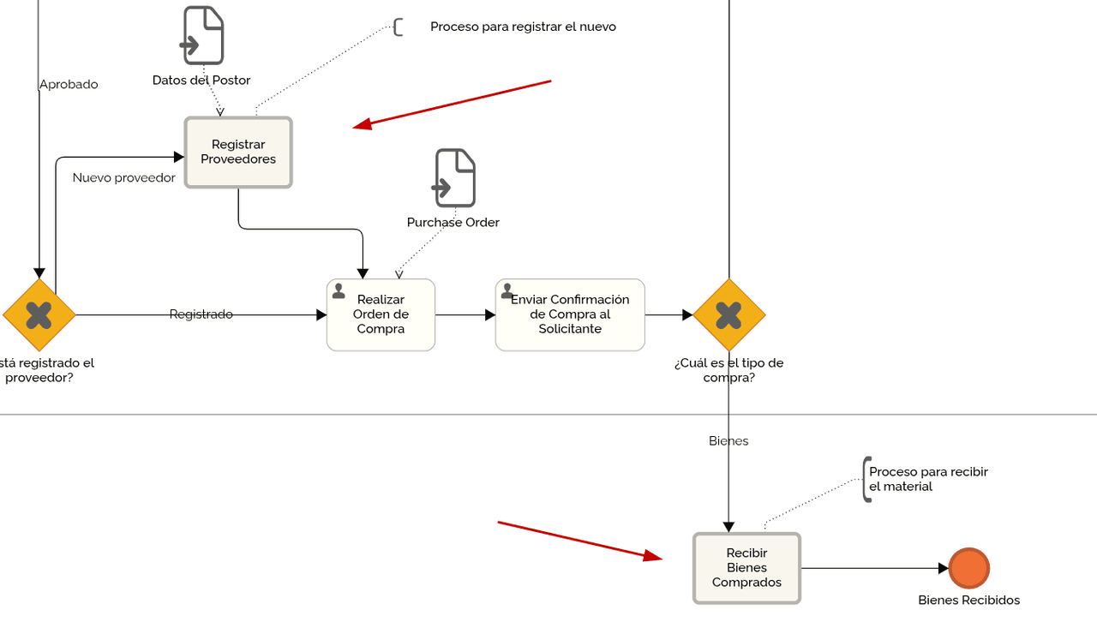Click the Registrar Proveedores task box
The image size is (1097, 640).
tap(238, 153)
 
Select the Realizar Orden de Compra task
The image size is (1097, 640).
tap(381, 314)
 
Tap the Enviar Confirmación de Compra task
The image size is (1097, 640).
tap(570, 314)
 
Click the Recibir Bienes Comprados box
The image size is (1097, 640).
tap(746, 568)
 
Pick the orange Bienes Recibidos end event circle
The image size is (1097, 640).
tap(969, 568)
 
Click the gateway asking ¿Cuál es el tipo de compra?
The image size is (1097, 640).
tap(728, 315)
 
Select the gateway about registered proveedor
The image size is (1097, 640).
tap(39, 315)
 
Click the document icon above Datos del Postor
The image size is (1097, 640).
tap(203, 35)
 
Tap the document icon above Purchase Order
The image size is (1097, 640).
tap(455, 178)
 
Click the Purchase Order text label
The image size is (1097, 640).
tap(453, 223)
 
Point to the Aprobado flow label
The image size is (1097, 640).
tap(69, 85)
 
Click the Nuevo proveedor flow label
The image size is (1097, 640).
tap(123, 178)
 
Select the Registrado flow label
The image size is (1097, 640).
tap(201, 314)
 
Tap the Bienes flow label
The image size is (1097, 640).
tap(728, 441)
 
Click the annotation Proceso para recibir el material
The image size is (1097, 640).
tap(928, 479)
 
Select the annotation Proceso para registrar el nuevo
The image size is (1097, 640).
tap(523, 27)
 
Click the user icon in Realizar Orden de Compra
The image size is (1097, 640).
tap(339, 291)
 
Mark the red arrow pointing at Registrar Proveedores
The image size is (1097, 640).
tap(453, 105)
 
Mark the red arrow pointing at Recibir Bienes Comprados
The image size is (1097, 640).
tap(579, 541)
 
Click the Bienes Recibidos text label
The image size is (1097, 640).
tap(968, 601)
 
